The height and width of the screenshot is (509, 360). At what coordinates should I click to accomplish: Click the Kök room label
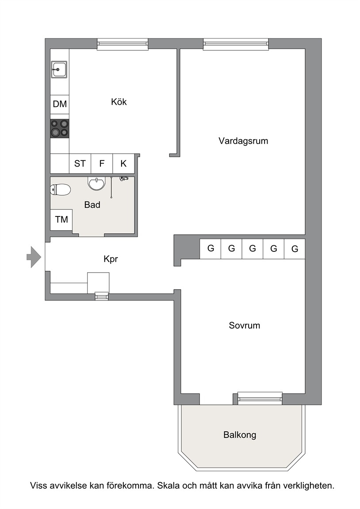point(119,102)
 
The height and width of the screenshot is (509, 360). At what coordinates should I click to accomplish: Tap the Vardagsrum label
point(243,141)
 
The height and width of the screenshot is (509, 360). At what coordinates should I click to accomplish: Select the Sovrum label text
point(244,325)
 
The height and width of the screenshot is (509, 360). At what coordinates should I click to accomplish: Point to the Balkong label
point(240,435)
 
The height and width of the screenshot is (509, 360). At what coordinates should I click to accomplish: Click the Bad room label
point(92,205)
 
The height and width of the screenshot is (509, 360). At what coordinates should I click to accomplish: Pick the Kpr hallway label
point(111,259)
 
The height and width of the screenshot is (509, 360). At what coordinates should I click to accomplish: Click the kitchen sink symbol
point(59,69)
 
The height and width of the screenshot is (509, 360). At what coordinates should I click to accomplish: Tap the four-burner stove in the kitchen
point(60,128)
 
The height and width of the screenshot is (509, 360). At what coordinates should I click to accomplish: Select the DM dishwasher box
point(60,104)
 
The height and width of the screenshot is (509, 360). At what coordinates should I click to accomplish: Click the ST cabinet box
point(80,163)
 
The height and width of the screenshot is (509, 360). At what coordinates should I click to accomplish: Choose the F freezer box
point(102,163)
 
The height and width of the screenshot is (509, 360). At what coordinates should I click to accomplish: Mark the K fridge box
point(123,163)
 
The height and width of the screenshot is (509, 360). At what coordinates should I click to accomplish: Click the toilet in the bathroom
point(61,190)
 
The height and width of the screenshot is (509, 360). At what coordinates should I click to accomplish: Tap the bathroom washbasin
point(96,183)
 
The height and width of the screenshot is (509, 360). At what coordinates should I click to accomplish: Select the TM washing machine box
point(61,220)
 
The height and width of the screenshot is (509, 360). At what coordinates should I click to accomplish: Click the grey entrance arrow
point(34,257)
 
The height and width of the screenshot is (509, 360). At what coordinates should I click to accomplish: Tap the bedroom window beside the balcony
point(260,398)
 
